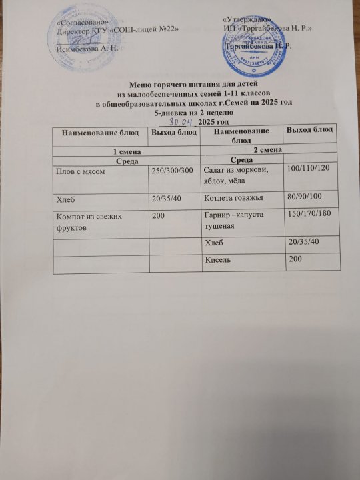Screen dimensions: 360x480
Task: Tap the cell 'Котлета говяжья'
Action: click(x=232, y=197)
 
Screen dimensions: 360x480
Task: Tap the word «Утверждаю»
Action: click(x=244, y=22)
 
